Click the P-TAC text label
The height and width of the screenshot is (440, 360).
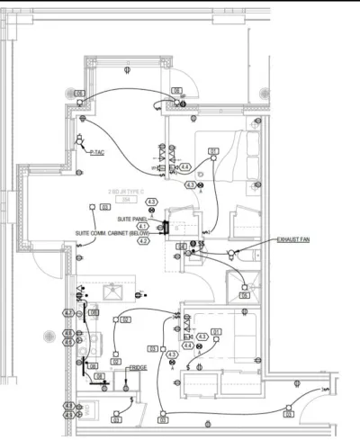[98, 154]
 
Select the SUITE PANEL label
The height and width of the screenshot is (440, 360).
[130, 219]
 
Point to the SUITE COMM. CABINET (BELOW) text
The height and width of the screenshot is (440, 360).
[112, 232]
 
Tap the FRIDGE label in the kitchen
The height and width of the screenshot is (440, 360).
[138, 367]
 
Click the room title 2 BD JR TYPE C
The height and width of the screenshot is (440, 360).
[127, 192]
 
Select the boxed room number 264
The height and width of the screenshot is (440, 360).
[127, 200]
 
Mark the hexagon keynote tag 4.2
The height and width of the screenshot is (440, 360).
[143, 241]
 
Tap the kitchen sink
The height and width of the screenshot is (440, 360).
[114, 292]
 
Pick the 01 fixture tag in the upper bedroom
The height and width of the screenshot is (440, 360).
[213, 150]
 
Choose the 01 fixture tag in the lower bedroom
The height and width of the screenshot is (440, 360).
[216, 332]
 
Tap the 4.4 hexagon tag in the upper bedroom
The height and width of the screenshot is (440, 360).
[184, 167]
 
